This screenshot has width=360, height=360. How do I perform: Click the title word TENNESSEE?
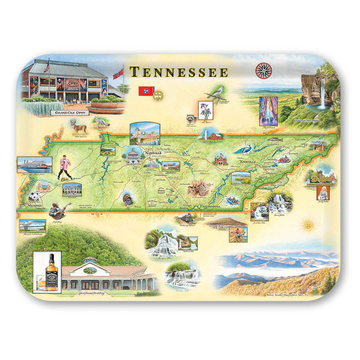point(179,73)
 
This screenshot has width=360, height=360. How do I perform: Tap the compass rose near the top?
point(263,71)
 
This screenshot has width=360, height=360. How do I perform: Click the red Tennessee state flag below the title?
point(145,91)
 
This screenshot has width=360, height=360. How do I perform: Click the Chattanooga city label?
point(205,206)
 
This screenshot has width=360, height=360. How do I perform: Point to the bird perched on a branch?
point(216,91)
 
